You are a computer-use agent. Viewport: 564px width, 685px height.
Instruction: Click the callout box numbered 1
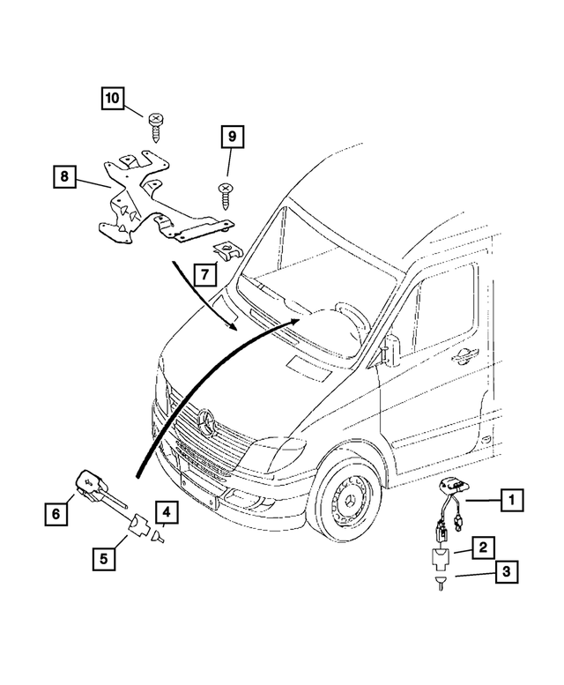point(508,501)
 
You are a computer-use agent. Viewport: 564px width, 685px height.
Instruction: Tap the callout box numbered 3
point(506,573)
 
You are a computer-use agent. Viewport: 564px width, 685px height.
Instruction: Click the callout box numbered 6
point(55,510)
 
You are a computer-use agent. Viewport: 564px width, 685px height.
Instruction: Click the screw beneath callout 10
point(155,123)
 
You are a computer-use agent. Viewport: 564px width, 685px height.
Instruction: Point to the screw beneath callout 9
point(226,193)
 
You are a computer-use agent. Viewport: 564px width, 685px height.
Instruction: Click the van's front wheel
point(345,497)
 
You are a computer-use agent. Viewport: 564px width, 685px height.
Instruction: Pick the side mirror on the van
point(385,354)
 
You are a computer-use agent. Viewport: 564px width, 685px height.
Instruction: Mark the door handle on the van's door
point(460,355)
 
